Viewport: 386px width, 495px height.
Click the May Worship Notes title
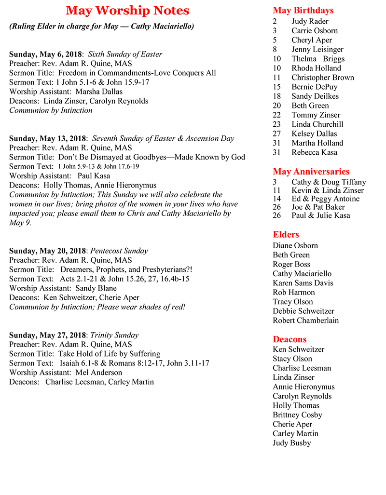tap(127, 11)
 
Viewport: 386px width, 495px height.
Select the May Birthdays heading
tap(303, 10)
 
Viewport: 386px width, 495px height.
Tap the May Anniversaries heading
tap(311, 172)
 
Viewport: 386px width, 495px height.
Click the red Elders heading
tap(286, 235)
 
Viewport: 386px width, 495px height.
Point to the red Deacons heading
tap(289, 339)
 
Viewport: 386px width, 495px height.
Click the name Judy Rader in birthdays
tap(310, 21)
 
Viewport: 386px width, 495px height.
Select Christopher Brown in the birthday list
tap(322, 78)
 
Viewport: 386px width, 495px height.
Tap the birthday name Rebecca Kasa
tap(314, 152)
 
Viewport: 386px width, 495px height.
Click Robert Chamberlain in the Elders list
tap(305, 321)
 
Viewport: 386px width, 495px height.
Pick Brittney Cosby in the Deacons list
tap(297, 415)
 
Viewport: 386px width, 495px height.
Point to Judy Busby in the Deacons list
tap(291, 443)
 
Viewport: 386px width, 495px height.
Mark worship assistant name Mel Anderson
tap(99, 373)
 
